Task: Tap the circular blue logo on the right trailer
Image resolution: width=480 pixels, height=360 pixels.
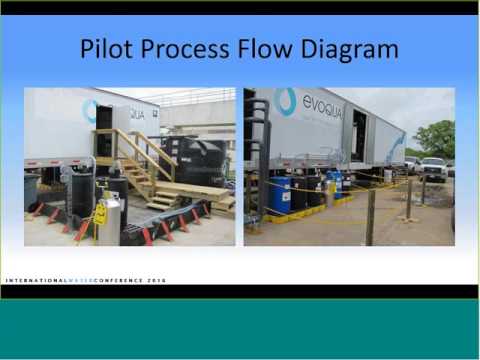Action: coord(285,100)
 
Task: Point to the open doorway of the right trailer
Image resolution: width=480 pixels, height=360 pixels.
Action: coord(358,135)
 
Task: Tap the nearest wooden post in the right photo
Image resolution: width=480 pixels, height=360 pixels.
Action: coord(370,215)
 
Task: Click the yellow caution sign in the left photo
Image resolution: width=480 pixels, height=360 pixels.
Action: coord(101,212)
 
